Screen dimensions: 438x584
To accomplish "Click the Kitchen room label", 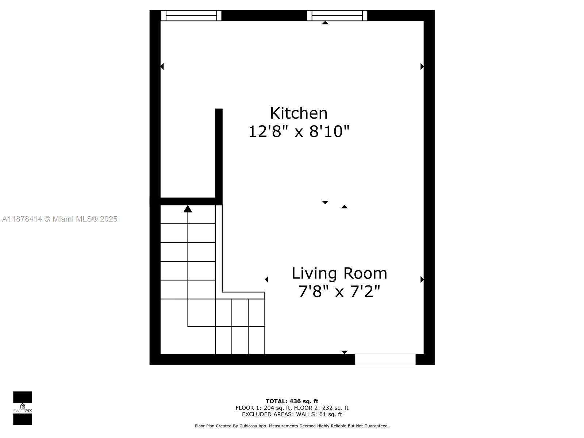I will coord(299,113).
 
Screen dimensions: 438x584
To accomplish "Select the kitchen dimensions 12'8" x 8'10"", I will coord(299,131).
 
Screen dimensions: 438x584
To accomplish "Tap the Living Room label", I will coord(339,273).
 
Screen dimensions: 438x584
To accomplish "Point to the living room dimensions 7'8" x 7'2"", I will coord(339,292).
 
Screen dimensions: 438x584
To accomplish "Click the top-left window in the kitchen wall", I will coord(191,16).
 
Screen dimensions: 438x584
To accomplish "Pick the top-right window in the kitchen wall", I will coord(337,16).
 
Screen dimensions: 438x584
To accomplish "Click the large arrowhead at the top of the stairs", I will coord(188,209).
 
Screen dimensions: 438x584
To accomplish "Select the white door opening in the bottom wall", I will coord(385,359).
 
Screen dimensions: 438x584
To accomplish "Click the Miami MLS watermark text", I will coord(60,219).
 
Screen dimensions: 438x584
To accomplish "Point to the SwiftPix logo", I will coord(23,408).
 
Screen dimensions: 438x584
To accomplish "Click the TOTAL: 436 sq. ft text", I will coord(292,401).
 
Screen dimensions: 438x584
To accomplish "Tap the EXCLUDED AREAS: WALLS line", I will coord(292,414).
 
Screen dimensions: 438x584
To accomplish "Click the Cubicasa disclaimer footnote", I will coord(292,426).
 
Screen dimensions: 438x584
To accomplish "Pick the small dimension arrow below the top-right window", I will coord(325,23).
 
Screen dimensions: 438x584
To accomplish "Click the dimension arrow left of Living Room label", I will coord(267,280).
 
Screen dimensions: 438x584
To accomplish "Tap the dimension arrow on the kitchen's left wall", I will coord(162,66).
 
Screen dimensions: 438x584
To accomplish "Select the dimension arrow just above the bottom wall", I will coord(344,352).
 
